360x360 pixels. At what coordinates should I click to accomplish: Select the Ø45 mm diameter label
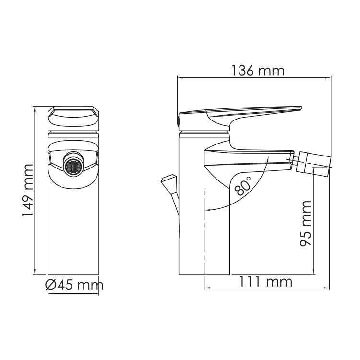click(74, 285)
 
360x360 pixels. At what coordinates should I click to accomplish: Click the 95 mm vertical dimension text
click(305, 223)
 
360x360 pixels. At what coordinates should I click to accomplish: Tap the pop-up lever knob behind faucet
click(168, 182)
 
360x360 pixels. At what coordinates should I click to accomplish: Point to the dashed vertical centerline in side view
click(204, 240)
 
